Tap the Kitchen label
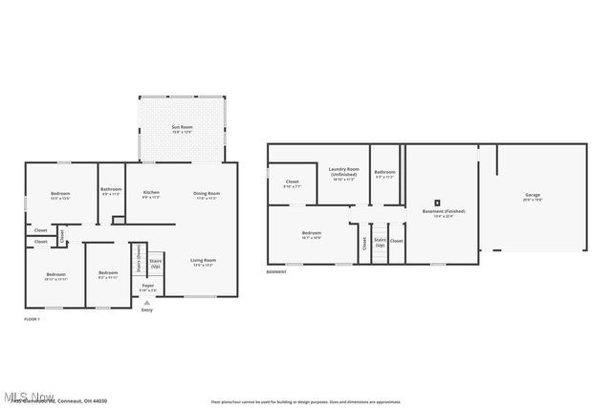pos(151,195)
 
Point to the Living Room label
pos(203,262)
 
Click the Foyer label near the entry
pos(147,287)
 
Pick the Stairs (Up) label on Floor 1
pos(155,263)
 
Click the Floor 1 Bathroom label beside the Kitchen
pos(111,191)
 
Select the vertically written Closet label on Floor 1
pos(60,234)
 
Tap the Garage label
pos(532,198)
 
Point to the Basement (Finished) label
pos(437,213)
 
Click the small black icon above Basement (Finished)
pos(437,202)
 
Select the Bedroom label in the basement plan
pos(312,234)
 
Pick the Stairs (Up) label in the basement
pos(380,243)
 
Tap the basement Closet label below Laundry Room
pos(292,183)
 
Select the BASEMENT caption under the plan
pos(277,272)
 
